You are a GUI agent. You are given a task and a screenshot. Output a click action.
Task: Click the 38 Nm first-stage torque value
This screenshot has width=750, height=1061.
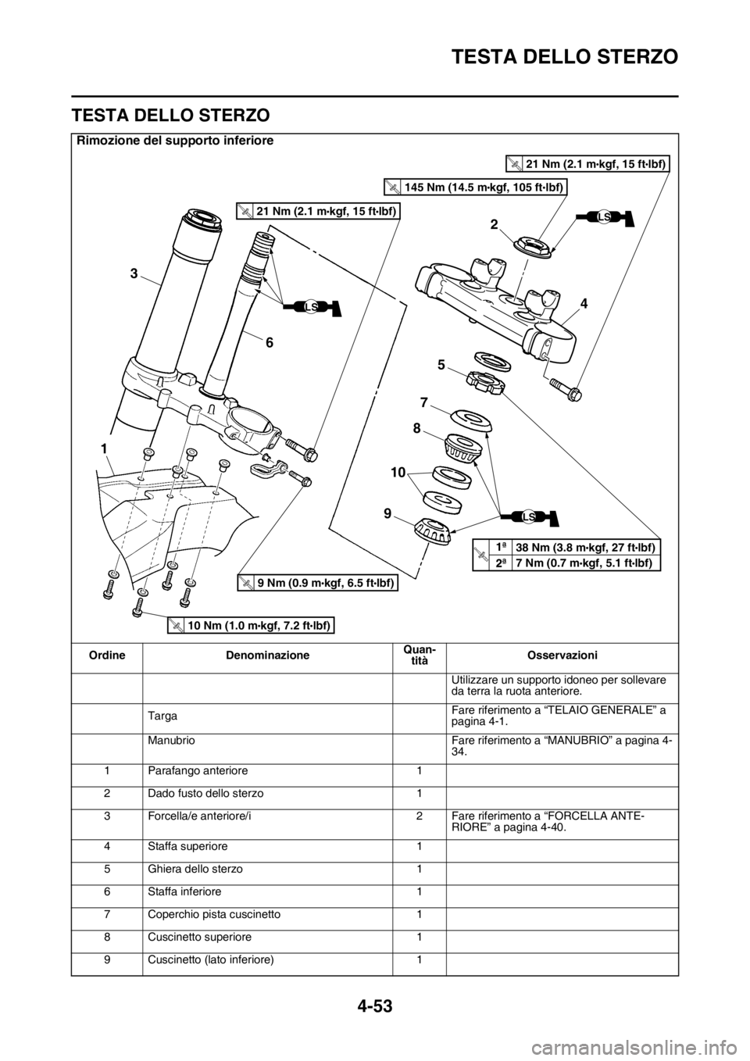point(586,548)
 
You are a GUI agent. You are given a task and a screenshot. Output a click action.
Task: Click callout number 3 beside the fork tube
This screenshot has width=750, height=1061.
point(134,273)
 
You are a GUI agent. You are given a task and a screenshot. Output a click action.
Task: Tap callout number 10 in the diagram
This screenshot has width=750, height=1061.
point(398,472)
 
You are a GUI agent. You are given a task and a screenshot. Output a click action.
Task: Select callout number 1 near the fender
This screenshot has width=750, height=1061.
point(103,448)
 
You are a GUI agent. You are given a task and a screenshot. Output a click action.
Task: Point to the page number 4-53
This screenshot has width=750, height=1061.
point(374,1017)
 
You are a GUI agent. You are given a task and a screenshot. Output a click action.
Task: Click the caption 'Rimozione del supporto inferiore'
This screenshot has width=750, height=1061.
point(175,141)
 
